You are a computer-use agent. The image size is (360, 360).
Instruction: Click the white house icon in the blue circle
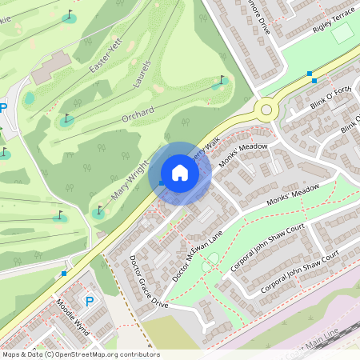[180, 173]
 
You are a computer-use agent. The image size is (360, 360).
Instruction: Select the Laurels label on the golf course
[141, 74]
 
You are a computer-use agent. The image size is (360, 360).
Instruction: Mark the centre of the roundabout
[266, 109]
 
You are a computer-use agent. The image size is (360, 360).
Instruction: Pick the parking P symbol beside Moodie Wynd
[90, 302]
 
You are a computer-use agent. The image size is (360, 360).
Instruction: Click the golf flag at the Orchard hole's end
[222, 80]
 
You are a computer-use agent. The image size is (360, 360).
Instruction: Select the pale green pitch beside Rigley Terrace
[342, 34]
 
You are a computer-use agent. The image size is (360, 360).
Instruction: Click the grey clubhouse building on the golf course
[50, 68]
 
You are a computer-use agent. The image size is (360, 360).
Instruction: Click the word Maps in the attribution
[11, 354]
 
